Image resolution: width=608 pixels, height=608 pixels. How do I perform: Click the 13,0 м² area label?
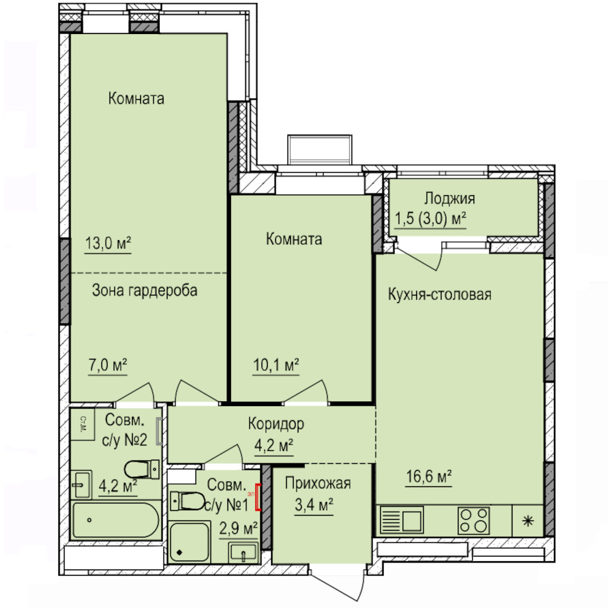(108, 244)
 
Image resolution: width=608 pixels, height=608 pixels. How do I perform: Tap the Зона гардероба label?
(145, 291)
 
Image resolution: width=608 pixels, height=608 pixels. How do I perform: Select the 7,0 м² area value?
(108, 365)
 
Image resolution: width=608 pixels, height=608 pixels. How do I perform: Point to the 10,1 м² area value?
(276, 365)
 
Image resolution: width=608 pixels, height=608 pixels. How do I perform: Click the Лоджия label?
(449, 199)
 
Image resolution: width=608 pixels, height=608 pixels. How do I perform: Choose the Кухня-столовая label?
(440, 295)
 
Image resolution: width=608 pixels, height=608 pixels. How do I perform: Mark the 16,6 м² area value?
(429, 477)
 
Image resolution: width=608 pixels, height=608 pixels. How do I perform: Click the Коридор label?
(276, 424)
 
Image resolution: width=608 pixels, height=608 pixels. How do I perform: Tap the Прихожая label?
(318, 483)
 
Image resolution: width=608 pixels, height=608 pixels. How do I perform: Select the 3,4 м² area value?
(314, 505)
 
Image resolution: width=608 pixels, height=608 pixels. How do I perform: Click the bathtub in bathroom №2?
(116, 520)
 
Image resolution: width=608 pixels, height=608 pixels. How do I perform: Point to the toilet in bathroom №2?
(142, 469)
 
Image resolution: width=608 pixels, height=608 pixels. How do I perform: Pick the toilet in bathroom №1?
(188, 501)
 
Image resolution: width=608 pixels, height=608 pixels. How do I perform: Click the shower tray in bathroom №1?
(190, 542)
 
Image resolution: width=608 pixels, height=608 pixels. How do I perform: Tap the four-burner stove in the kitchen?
(474, 520)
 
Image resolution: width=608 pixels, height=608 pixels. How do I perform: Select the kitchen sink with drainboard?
(401, 520)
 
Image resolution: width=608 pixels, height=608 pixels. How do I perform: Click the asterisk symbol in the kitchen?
(528, 521)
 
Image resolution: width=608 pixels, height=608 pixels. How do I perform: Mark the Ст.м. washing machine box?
(83, 424)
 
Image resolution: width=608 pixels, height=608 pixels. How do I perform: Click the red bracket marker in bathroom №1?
(258, 497)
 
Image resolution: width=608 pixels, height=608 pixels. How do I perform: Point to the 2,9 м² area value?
(238, 528)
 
